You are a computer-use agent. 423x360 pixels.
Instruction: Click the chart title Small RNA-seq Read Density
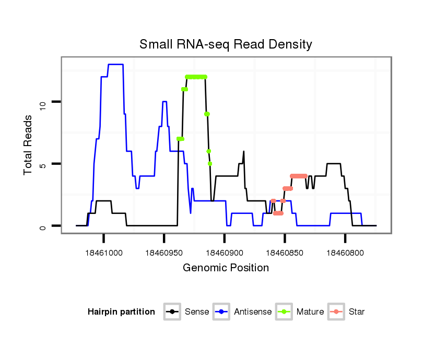(x=226, y=44)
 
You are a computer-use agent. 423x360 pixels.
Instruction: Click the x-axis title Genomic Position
(x=226, y=268)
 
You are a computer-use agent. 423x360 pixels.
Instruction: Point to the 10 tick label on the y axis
(x=43, y=102)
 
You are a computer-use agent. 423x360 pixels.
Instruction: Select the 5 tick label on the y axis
(x=43, y=164)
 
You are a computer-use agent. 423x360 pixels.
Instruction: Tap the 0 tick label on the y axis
(x=43, y=226)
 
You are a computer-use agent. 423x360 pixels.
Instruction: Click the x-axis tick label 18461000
(x=103, y=253)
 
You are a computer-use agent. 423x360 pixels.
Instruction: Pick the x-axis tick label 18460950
(x=164, y=253)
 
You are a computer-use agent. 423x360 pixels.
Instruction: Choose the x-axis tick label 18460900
(x=224, y=253)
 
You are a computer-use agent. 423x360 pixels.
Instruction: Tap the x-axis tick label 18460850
(x=285, y=253)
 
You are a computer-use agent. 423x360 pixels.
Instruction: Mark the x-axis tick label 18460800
(x=345, y=253)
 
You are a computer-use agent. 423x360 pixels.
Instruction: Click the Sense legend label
(x=197, y=312)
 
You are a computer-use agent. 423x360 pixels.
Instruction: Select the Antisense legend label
(x=253, y=312)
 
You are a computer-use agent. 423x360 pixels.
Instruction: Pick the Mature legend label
(x=310, y=312)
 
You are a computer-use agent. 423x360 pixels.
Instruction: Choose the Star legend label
(x=357, y=312)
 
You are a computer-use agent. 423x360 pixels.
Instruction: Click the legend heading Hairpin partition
(x=121, y=312)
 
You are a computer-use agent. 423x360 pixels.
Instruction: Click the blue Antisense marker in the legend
(x=222, y=312)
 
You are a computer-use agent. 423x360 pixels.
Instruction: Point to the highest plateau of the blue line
(x=115, y=65)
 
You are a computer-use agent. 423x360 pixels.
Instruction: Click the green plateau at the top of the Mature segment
(x=196, y=77)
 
